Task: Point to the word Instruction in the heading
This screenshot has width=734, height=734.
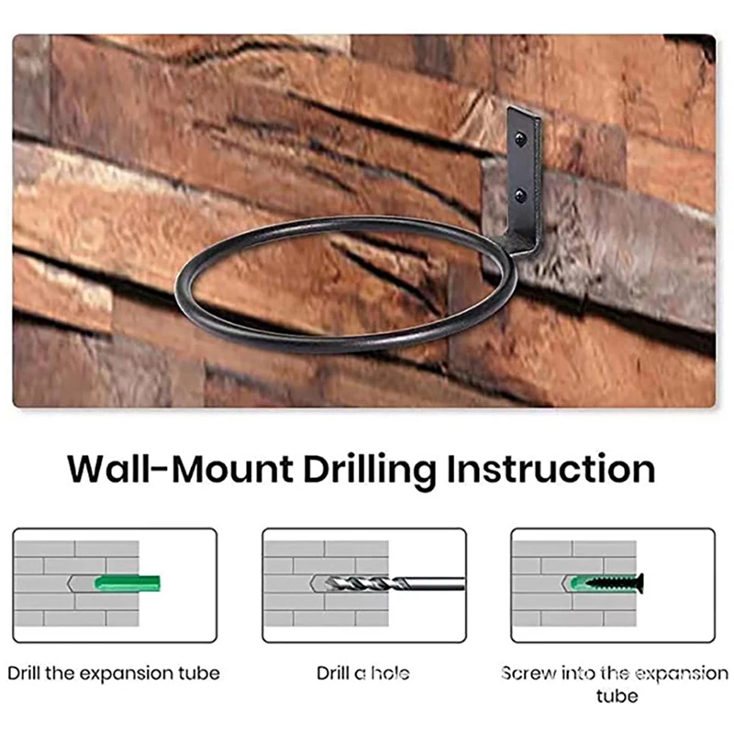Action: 550,470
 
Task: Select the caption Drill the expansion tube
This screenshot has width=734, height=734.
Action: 114,673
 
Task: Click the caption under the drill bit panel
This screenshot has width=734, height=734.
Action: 364,673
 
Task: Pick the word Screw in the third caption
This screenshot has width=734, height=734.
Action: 528,673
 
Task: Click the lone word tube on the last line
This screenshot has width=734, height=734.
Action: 617,695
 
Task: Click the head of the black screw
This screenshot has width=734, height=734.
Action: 639,582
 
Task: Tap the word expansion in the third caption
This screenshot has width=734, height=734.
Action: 675,673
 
